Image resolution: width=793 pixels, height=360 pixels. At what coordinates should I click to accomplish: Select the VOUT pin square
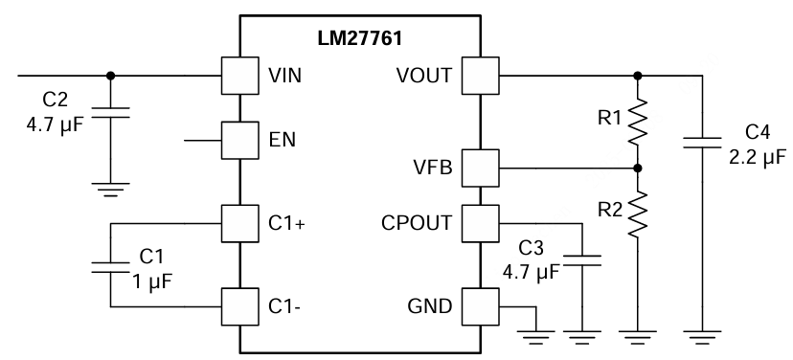479,74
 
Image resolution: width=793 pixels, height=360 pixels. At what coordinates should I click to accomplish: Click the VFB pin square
479,169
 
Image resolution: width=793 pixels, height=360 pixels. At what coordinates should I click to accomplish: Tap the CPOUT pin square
479,223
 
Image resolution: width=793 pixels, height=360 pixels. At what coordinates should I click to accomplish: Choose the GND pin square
479,306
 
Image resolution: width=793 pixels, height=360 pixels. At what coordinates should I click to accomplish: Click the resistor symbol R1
640,122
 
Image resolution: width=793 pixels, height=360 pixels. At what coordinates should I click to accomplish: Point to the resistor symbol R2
640,213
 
